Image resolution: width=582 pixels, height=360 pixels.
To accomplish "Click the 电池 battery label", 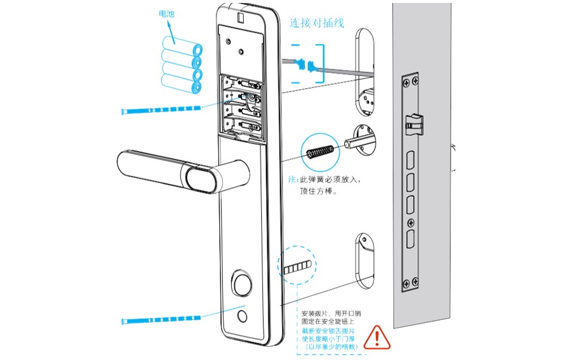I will [168, 13].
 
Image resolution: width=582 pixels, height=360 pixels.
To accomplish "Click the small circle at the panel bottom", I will [242, 316].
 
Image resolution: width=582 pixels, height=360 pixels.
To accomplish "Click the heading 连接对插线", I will [316, 23].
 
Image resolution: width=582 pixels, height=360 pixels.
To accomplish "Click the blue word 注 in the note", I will [292, 179].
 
